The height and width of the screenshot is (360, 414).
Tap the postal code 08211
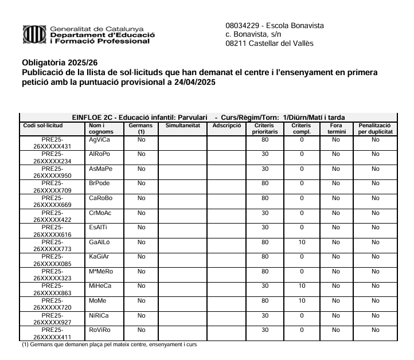236,44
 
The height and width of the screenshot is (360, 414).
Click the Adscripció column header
225,125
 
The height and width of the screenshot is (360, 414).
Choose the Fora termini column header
336,128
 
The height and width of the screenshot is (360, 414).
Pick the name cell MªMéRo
101,271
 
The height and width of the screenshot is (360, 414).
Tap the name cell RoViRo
100,330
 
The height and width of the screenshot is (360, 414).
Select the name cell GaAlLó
100,242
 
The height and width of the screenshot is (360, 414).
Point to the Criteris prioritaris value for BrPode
265,183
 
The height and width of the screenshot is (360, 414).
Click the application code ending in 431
52,143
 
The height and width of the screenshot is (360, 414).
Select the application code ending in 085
52,260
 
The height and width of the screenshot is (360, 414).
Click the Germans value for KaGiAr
137,256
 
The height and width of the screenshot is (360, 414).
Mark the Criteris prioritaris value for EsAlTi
265,227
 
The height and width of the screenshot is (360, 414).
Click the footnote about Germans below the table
109,345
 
